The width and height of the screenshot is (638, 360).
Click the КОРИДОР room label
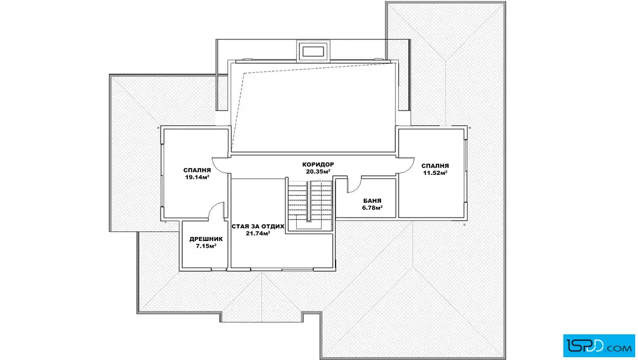(318, 165)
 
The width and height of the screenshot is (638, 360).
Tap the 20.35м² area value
(318, 171)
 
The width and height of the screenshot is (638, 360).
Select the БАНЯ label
(373, 201)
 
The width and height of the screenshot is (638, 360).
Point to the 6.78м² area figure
(373, 208)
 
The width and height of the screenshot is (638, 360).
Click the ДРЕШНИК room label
(206, 239)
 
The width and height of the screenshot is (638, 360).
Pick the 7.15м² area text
(206, 246)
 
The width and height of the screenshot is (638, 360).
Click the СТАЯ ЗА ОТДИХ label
(258, 227)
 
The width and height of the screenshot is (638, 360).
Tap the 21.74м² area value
(258, 234)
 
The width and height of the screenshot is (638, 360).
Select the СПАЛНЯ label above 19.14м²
(197, 170)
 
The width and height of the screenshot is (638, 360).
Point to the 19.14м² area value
(197, 177)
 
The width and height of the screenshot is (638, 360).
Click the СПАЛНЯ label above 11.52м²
(435, 166)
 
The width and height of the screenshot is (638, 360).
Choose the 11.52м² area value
(435, 173)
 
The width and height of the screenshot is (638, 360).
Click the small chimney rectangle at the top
(313, 52)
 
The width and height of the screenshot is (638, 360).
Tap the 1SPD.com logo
(599, 346)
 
